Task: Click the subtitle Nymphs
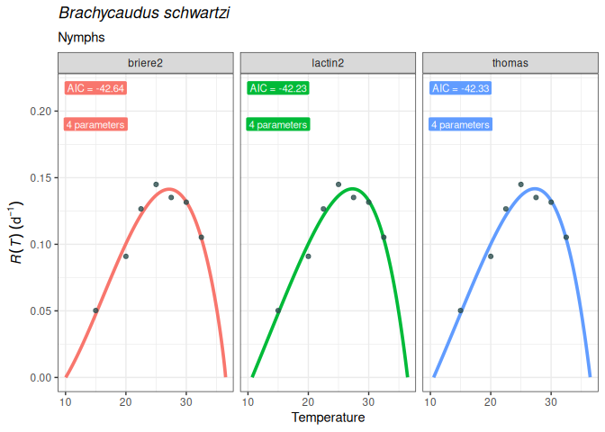[81, 38]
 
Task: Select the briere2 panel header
[146, 63]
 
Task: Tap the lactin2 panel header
[328, 63]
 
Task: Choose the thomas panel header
[510, 63]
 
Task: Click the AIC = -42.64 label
[95, 88]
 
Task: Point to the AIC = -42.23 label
[278, 88]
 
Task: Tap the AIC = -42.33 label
[461, 88]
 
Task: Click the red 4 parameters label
[95, 125]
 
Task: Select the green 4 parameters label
[278, 125]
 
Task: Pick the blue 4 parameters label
[461, 125]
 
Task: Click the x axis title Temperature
[328, 418]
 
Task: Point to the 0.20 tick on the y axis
[40, 111]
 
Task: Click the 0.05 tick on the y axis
[40, 310]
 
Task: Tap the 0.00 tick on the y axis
[40, 377]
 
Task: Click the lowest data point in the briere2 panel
[95, 310]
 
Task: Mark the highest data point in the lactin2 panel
[339, 184]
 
